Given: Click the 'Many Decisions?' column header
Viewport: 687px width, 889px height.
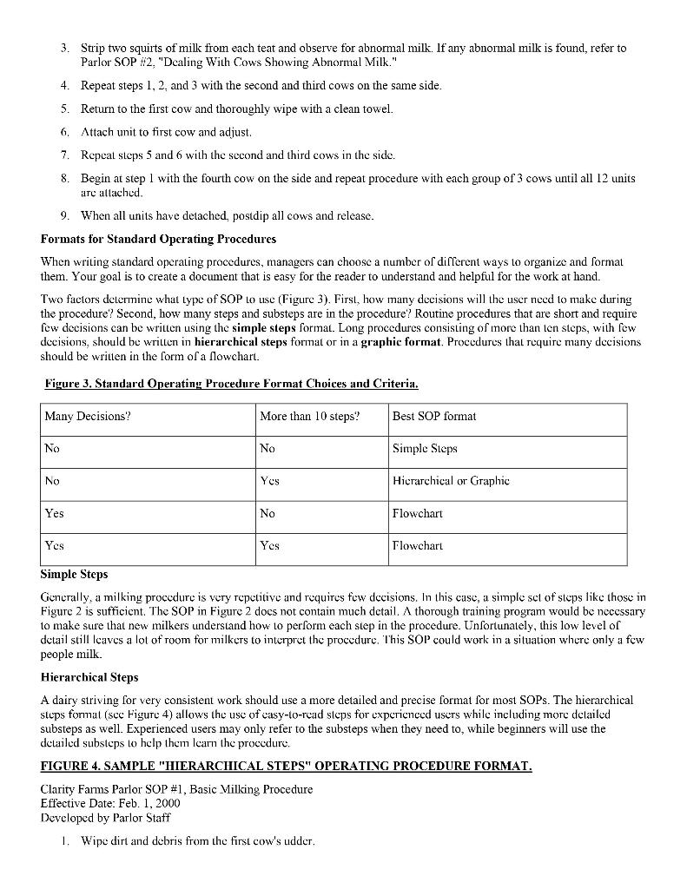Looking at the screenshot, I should [x=88, y=416].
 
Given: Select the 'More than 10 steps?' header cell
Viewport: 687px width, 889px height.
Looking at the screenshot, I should [x=308, y=416].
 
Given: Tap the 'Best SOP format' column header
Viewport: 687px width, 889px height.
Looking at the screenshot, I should [x=434, y=416].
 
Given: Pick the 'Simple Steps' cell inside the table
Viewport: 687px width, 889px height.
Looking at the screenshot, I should [x=425, y=448].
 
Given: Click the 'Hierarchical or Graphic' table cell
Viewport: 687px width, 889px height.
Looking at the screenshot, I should [x=451, y=480].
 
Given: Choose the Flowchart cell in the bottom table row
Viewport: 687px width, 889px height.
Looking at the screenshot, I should [x=418, y=546].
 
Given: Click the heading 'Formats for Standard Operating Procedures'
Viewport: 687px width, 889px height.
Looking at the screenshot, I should [x=158, y=238].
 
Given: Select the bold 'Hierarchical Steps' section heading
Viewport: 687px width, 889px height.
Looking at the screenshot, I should [x=89, y=677].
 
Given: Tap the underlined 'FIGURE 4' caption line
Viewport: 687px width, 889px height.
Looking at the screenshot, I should [x=286, y=766].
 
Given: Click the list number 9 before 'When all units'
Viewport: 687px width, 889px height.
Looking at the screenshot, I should [x=65, y=215].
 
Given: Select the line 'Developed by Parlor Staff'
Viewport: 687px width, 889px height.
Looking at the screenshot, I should [x=105, y=817].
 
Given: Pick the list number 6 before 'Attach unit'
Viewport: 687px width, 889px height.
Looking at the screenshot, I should [x=65, y=132].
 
